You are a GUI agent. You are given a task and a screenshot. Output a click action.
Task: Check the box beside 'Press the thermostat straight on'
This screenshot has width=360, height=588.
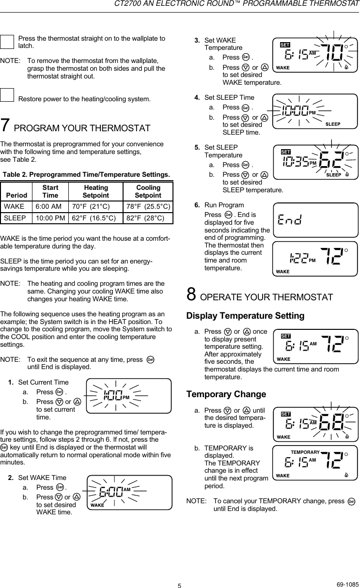click(7, 42)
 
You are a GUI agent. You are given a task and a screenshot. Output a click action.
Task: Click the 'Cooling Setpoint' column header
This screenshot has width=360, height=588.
click(148, 191)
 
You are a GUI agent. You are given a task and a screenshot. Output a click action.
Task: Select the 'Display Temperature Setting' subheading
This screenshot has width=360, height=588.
click(245, 316)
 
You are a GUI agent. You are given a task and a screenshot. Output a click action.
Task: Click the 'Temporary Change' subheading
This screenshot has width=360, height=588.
click(226, 394)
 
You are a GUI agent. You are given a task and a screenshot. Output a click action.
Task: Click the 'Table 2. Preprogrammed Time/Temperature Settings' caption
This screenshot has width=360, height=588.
click(87, 174)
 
